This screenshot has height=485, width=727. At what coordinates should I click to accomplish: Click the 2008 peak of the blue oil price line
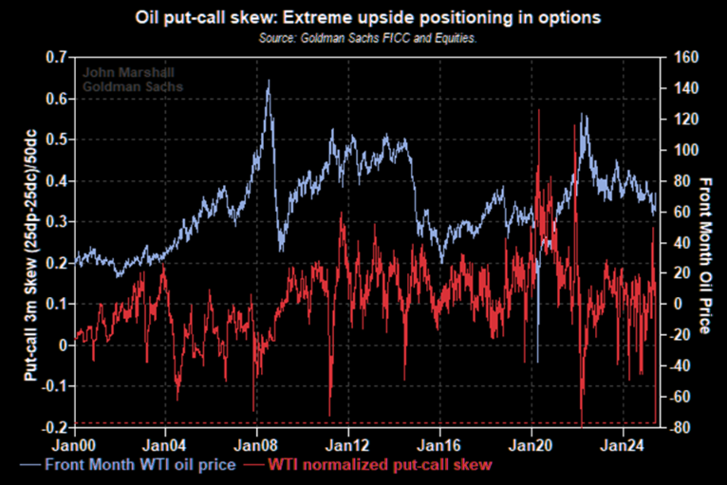268,82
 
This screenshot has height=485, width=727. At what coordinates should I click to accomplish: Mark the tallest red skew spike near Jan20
539,110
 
